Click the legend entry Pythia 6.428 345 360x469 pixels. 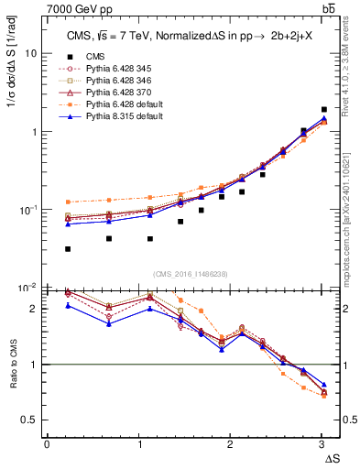point(115,69)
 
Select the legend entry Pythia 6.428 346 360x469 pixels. point(115,81)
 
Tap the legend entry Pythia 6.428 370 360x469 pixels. point(115,93)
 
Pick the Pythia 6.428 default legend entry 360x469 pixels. point(120,105)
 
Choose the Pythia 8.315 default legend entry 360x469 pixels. point(120,118)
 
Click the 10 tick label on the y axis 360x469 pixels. point(30,53)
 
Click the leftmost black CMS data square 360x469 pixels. point(68,248)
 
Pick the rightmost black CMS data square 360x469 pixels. point(324,109)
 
